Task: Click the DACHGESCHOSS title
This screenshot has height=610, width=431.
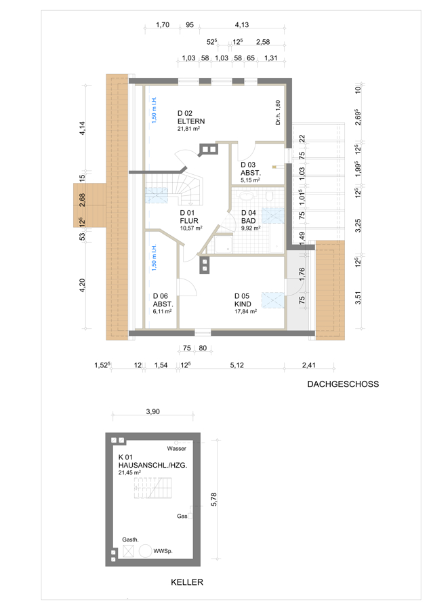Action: click(343, 384)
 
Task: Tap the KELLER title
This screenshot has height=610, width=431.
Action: click(187, 582)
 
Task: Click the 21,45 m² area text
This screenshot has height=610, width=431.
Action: click(129, 472)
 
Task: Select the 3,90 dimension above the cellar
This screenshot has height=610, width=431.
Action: click(153, 411)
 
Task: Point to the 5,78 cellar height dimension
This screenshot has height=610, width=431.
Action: click(213, 500)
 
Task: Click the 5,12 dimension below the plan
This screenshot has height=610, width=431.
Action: click(237, 365)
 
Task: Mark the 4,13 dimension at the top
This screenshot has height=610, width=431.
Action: click(241, 24)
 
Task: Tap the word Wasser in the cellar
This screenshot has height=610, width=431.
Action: click(177, 449)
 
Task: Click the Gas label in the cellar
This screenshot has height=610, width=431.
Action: click(182, 516)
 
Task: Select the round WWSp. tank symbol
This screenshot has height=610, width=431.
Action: click(145, 551)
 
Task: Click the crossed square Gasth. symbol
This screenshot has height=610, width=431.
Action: click(128, 551)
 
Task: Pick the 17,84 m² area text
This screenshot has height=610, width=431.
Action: click(245, 311)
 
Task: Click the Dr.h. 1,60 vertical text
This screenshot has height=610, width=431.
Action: click(278, 113)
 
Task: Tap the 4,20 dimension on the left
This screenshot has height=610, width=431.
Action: click(82, 285)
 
